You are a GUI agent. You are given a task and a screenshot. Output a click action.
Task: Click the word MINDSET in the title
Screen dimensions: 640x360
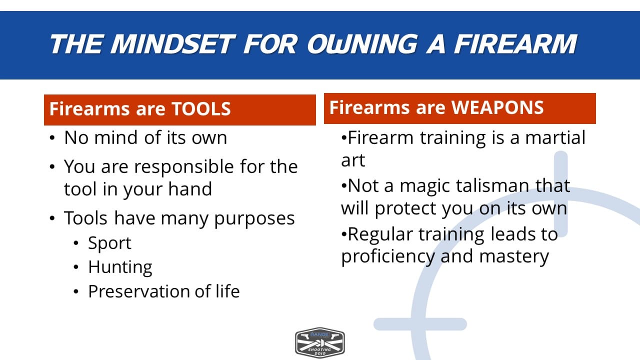pos(173,44)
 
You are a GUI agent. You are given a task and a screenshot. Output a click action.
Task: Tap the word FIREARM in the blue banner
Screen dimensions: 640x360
pos(515,44)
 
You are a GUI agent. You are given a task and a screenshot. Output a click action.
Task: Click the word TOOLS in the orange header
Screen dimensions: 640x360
pos(201,109)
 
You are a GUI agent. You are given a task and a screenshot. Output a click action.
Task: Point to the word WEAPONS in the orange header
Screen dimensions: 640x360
pos(497,107)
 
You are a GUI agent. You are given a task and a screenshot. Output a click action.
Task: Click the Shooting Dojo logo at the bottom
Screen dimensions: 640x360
pos(319,343)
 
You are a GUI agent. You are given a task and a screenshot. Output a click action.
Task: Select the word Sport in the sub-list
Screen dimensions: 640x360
pos(109,243)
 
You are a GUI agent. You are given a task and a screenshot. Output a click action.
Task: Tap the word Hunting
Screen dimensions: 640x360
pos(120,267)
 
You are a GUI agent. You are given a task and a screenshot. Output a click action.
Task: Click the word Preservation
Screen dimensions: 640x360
pos(138,291)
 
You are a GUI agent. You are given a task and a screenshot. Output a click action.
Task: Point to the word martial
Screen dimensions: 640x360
pos(555,137)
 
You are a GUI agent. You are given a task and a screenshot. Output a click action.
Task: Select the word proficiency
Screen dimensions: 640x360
pos(388,256)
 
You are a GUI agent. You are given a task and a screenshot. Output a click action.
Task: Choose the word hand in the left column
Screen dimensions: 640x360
pos(190,189)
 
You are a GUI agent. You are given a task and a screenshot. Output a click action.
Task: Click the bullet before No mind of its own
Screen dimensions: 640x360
pos(52,138)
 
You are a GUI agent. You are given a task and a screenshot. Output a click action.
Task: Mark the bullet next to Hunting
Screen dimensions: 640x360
pos(75,267)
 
